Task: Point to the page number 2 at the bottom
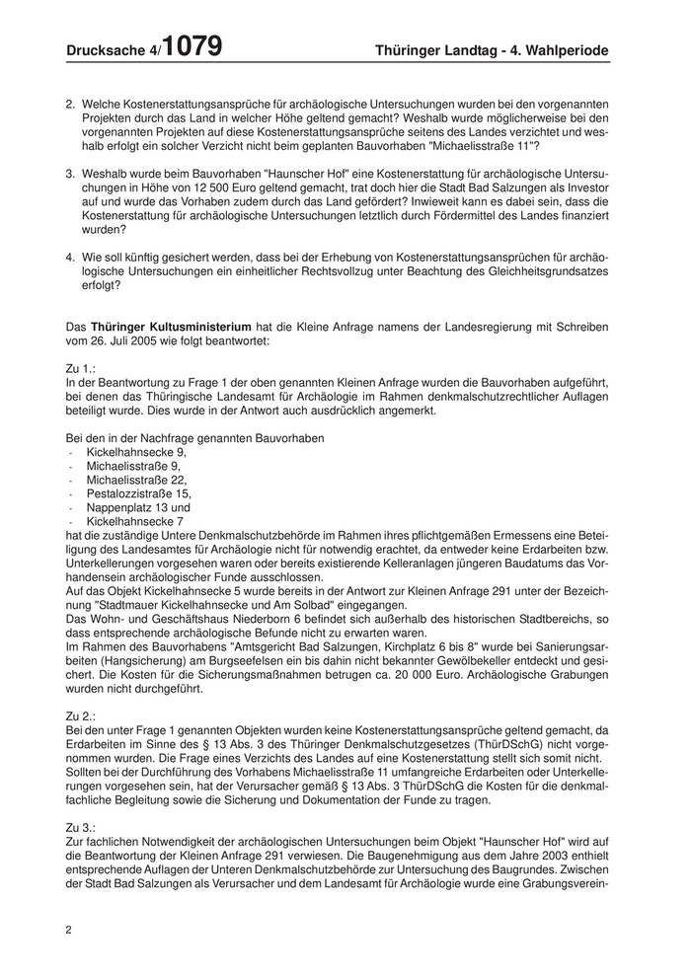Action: tap(68, 930)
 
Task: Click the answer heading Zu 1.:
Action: tap(81, 368)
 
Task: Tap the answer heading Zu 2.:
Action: tap(81, 715)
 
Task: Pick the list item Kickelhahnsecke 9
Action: tap(135, 451)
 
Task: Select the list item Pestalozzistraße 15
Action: tap(139, 492)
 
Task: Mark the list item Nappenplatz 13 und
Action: tap(137, 506)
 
